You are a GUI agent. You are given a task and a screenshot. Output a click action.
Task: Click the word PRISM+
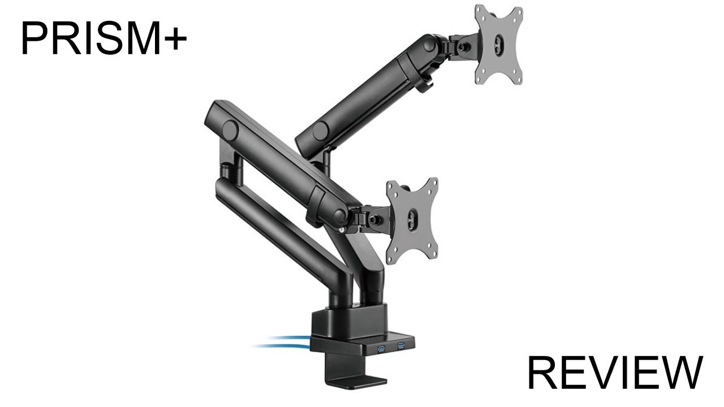point(104,38)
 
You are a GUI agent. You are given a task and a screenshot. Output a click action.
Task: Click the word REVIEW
point(615,373)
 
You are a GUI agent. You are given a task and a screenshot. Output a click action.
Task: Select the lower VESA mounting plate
point(412,220)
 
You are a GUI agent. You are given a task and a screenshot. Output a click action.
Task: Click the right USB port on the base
point(400,345)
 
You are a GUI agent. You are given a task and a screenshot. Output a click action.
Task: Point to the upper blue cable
point(283,339)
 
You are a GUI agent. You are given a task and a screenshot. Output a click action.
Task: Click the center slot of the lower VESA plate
point(412,219)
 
